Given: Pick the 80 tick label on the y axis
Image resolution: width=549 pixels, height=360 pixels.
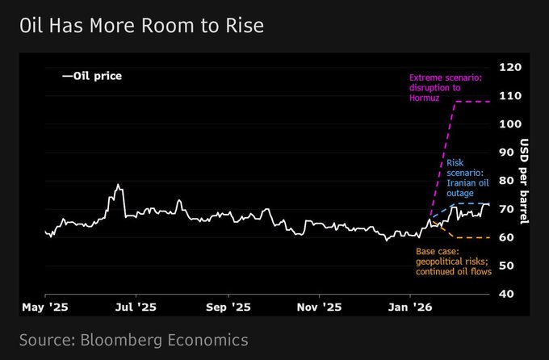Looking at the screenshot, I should [508, 181].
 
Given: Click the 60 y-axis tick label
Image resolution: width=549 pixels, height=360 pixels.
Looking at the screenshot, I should [508, 237].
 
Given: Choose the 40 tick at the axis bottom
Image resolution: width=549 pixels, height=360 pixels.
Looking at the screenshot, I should [508, 294].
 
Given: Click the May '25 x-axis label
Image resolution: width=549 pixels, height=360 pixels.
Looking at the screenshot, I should [45, 308].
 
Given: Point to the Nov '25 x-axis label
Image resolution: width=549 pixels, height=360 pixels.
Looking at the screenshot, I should [320, 308].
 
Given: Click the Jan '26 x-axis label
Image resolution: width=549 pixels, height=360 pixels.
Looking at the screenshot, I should [412, 308].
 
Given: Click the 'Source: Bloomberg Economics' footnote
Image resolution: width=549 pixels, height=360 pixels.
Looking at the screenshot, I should [133, 339].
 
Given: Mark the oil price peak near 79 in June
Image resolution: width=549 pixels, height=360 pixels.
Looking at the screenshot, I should [119, 185].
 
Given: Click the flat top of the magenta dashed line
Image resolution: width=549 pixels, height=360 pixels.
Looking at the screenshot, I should [472, 102].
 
